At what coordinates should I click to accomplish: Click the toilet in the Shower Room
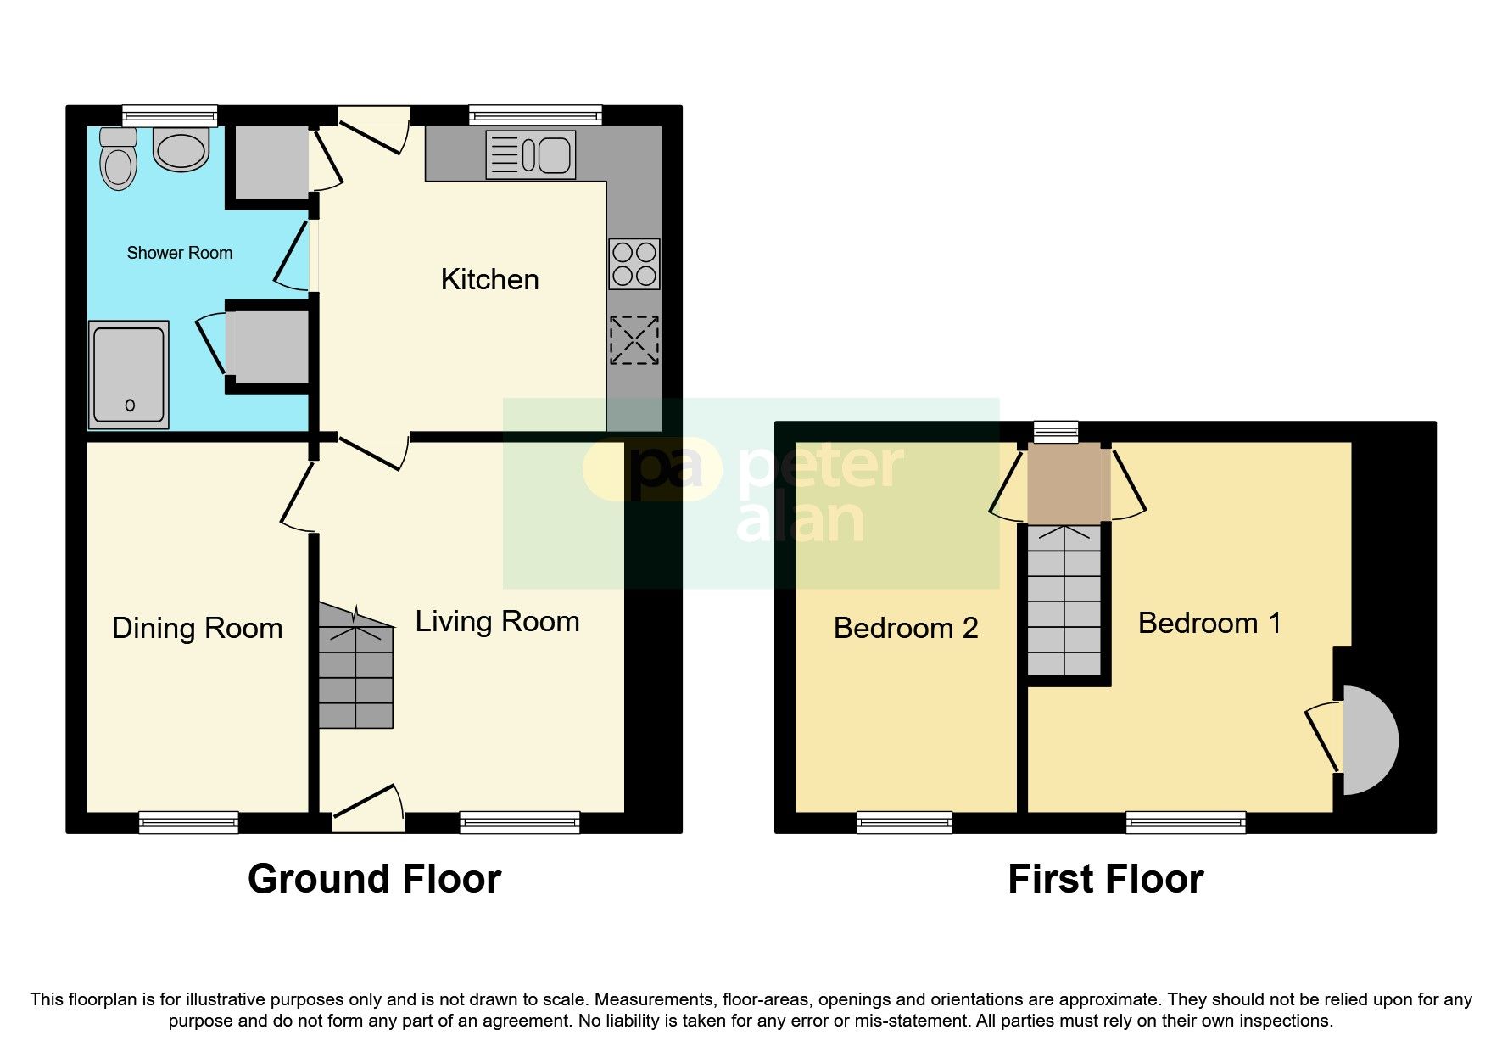coord(118,161)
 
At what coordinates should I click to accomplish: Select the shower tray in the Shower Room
coord(130,374)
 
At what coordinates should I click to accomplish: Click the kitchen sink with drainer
coord(529,154)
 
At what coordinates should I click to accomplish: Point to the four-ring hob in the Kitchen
coord(634,264)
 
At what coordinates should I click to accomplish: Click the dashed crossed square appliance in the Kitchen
coord(634,340)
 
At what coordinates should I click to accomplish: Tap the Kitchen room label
coord(489,280)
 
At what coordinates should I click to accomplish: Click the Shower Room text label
coord(179,253)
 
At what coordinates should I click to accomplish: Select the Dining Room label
coord(197,629)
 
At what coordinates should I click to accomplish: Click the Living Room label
coord(497,622)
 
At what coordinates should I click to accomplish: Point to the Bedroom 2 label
coord(905,629)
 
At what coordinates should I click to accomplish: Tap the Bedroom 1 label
coord(1209,624)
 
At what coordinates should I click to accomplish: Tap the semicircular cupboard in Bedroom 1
coord(1367,740)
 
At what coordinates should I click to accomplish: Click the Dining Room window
coord(188,820)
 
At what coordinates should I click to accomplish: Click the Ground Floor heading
coord(374,880)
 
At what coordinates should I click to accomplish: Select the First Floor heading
coord(1104,880)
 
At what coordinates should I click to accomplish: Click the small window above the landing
coord(1056,432)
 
